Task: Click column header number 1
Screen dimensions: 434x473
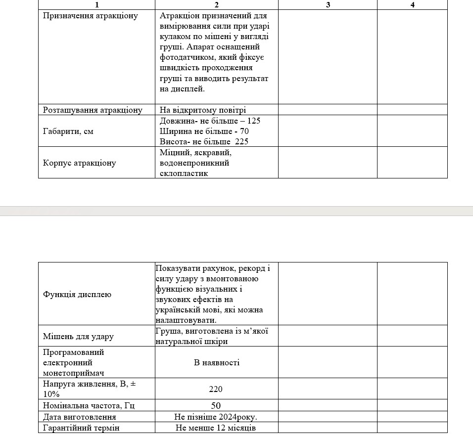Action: click(96, 5)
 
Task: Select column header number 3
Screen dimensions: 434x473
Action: click(328, 5)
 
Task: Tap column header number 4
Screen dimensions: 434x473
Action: click(412, 5)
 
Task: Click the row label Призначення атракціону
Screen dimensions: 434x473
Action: click(91, 16)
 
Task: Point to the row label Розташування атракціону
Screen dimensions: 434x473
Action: click(93, 110)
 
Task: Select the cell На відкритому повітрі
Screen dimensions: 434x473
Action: click(203, 110)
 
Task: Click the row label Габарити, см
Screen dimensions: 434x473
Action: click(68, 131)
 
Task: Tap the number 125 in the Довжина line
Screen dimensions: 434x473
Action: click(253, 121)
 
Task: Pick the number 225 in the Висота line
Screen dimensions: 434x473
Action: click(241, 142)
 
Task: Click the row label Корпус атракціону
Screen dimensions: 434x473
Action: click(80, 163)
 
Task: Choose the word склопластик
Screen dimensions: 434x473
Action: click(184, 174)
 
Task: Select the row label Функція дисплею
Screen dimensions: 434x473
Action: click(77, 295)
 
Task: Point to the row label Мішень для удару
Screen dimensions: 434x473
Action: click(78, 337)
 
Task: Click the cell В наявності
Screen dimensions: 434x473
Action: click(217, 363)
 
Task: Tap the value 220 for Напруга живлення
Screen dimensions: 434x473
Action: click(216, 390)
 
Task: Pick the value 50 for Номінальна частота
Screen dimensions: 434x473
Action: click(216, 406)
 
